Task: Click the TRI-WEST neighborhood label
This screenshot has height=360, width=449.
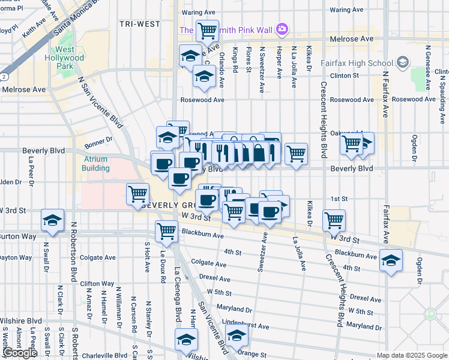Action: pyautogui.click(x=139, y=24)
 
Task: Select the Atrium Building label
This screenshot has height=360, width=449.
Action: pyautogui.click(x=96, y=164)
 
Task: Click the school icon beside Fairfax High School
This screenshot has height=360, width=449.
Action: pyautogui.click(x=402, y=62)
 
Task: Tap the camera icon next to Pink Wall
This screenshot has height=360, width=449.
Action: pyautogui.click(x=282, y=29)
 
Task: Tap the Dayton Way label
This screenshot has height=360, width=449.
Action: pyautogui.click(x=16, y=257)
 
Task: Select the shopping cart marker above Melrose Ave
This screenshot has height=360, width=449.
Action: pyautogui.click(x=207, y=29)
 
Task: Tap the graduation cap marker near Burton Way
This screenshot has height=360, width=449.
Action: pyautogui.click(x=53, y=220)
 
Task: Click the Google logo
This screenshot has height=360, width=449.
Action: pyautogui.click(x=19, y=353)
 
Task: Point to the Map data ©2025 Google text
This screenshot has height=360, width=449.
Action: pyautogui.click(x=411, y=355)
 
